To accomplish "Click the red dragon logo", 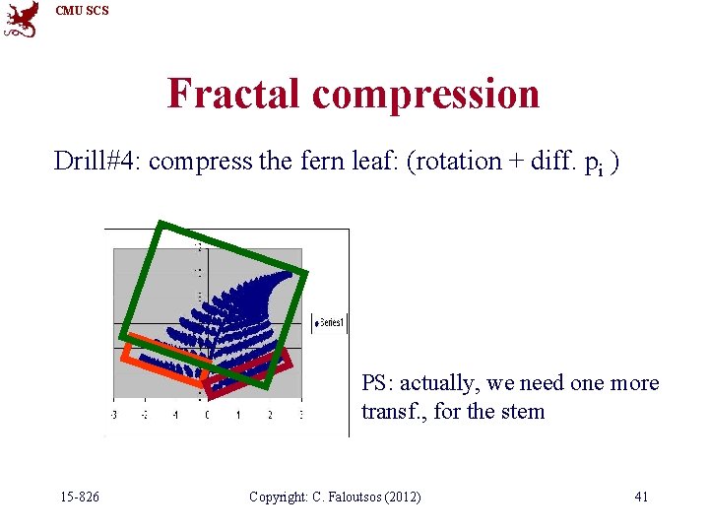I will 22,20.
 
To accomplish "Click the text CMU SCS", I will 82,11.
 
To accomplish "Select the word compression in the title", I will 425,94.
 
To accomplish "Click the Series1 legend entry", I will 329,322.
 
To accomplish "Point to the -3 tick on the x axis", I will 114,416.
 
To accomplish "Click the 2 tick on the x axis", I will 269,416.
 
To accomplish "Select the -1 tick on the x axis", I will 175,416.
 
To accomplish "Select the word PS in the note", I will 375,383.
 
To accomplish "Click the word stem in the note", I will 523,412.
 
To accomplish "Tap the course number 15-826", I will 79,497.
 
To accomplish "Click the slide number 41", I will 641,497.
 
